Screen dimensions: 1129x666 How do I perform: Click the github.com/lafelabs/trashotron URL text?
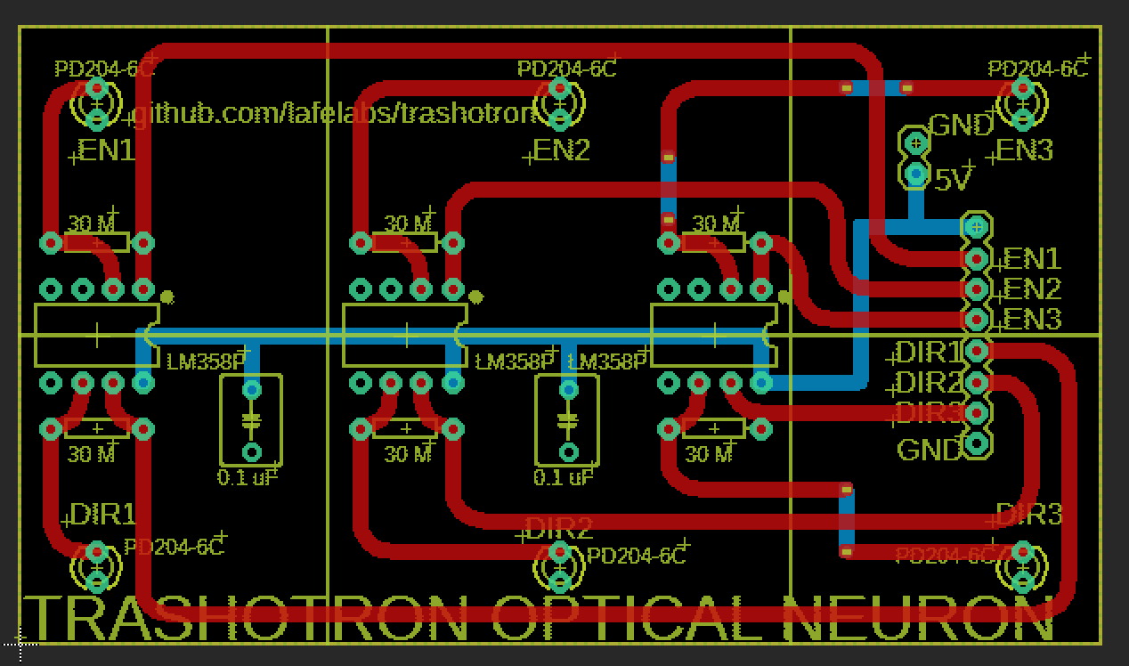(334, 114)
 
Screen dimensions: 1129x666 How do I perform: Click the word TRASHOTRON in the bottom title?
(249, 619)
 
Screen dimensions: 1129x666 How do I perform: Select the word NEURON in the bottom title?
(917, 619)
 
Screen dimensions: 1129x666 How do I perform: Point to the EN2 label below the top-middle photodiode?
(562, 150)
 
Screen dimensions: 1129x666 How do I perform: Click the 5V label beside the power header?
(953, 180)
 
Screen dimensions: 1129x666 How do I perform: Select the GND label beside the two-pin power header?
(961, 126)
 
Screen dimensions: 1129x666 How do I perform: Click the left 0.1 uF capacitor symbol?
(252, 420)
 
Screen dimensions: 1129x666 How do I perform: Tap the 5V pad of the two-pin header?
(915, 175)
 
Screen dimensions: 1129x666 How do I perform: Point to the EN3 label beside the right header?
(1032, 319)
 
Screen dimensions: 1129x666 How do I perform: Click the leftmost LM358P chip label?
(204, 361)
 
